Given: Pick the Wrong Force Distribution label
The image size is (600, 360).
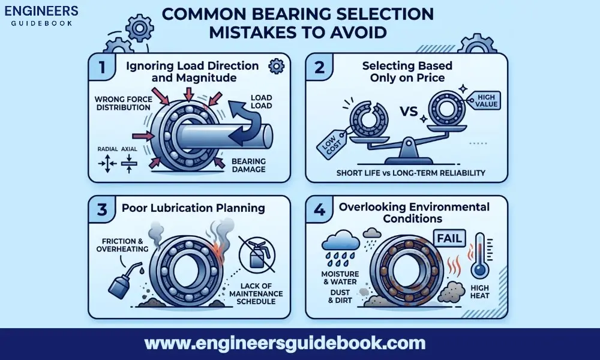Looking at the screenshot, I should click(x=122, y=103).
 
